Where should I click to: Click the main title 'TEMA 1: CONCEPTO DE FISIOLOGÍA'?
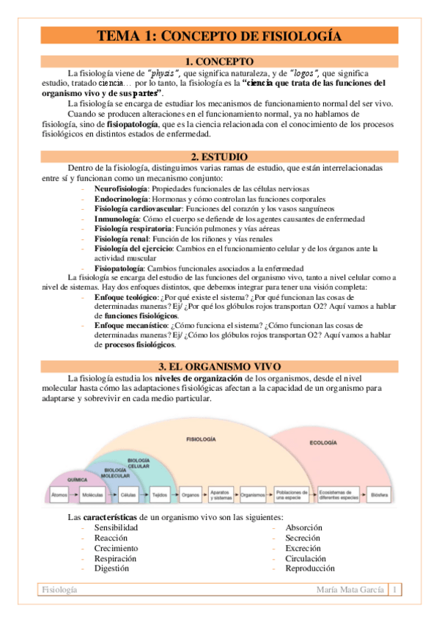point(219,34)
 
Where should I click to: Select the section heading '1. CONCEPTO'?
point(219,62)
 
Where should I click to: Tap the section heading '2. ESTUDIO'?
point(219,157)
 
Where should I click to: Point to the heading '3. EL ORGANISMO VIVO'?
point(219,366)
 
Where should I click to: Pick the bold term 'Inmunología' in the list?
point(117,219)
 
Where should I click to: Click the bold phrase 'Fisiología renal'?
point(121,238)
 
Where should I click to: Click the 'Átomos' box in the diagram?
point(60,495)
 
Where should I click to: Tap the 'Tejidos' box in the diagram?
point(161,495)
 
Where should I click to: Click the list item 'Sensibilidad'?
point(116,528)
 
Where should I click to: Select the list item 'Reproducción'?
point(310,568)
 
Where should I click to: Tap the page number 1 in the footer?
point(395,590)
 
